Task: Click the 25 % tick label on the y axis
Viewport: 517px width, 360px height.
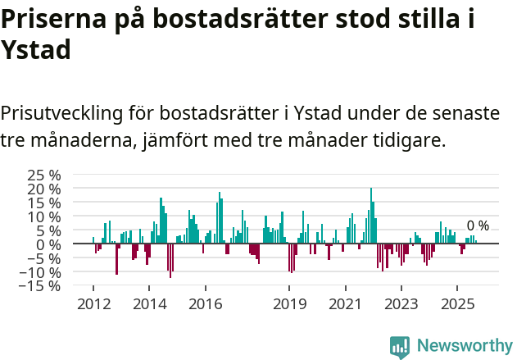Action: pos(44,175)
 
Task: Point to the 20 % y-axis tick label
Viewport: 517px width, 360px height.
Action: pos(44,189)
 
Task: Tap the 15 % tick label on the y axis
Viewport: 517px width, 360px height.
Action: pos(44,203)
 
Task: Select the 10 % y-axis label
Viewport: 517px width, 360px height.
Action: pos(44,216)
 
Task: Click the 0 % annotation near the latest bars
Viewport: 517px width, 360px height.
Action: pos(478,226)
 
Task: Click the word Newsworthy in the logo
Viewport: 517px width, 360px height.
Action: pos(464,345)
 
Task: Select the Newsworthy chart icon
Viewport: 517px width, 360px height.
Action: pos(400,346)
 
